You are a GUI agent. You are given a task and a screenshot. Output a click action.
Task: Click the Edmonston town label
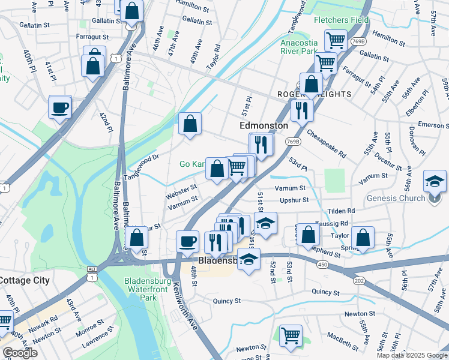(x=264, y=125)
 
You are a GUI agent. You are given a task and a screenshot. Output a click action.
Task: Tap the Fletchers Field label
(x=341, y=20)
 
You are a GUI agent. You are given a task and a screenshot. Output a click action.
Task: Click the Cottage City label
(x=24, y=280)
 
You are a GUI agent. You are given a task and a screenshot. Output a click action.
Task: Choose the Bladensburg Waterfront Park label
(x=148, y=289)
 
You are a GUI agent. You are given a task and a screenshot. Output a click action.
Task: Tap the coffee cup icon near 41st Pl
(x=60, y=108)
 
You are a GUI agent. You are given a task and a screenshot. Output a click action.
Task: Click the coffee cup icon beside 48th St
(x=188, y=241)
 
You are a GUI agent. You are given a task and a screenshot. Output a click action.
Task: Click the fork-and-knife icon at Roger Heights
(x=301, y=110)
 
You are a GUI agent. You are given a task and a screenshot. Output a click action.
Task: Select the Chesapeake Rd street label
(x=326, y=144)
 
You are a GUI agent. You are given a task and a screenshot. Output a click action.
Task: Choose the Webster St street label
(x=181, y=193)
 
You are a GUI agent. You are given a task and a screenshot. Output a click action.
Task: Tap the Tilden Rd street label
(x=342, y=211)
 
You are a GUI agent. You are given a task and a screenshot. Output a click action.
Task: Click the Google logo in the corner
(x=20, y=353)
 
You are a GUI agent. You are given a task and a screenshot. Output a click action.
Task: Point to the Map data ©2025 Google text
(x=412, y=355)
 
